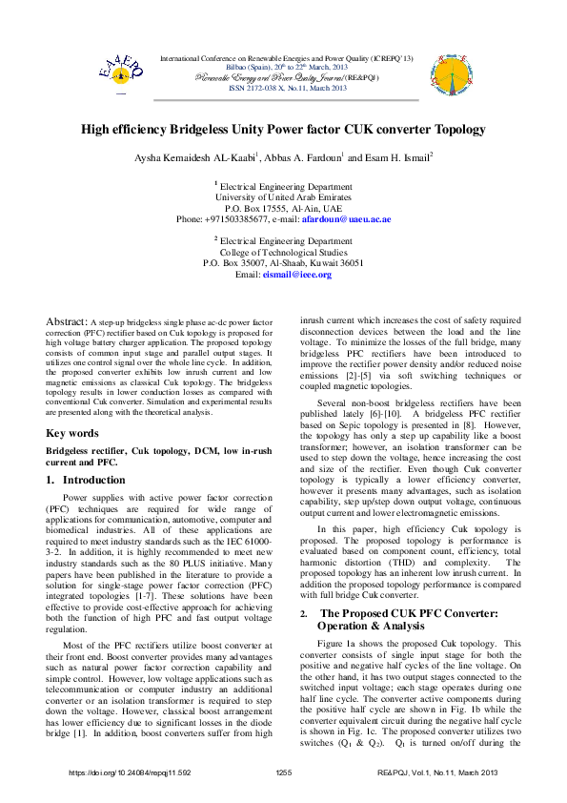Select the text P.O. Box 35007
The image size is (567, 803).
click(x=235, y=263)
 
